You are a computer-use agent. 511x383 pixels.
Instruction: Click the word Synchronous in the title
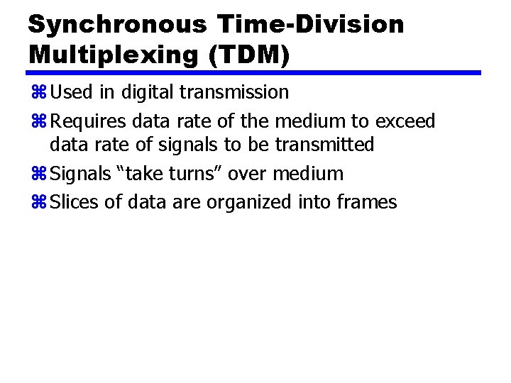pyautogui.click(x=117, y=25)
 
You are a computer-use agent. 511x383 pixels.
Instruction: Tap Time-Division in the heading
pyautogui.click(x=311, y=25)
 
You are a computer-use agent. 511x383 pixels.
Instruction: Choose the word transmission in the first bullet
pyautogui.click(x=236, y=93)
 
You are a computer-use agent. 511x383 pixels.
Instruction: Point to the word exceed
pyautogui.click(x=405, y=122)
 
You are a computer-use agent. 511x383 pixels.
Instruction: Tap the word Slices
pyautogui.click(x=75, y=203)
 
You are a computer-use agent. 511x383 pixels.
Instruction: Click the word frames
pyautogui.click(x=367, y=203)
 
